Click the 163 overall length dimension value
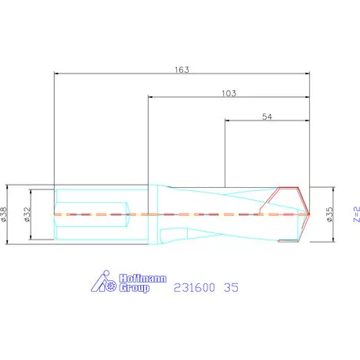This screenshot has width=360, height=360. (182, 70)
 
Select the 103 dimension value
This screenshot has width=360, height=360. (229, 93)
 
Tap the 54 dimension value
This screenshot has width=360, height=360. (267, 117)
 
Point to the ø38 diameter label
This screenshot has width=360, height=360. (4, 214)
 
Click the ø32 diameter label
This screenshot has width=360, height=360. (27, 214)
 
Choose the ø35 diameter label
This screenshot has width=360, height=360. (329, 214)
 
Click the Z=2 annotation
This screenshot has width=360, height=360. (356, 214)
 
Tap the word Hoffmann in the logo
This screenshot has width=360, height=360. (142, 279)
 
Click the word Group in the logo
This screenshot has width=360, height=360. (134, 288)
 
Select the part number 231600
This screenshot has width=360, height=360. (194, 287)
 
